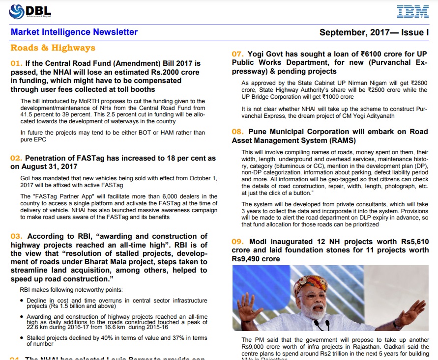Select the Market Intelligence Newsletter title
74,32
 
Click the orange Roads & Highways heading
53,48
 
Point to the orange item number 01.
17,64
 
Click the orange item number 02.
17,158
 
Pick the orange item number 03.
17,237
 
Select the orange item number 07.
238,54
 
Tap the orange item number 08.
238,132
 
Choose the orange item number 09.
238,242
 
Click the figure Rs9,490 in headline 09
249,258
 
